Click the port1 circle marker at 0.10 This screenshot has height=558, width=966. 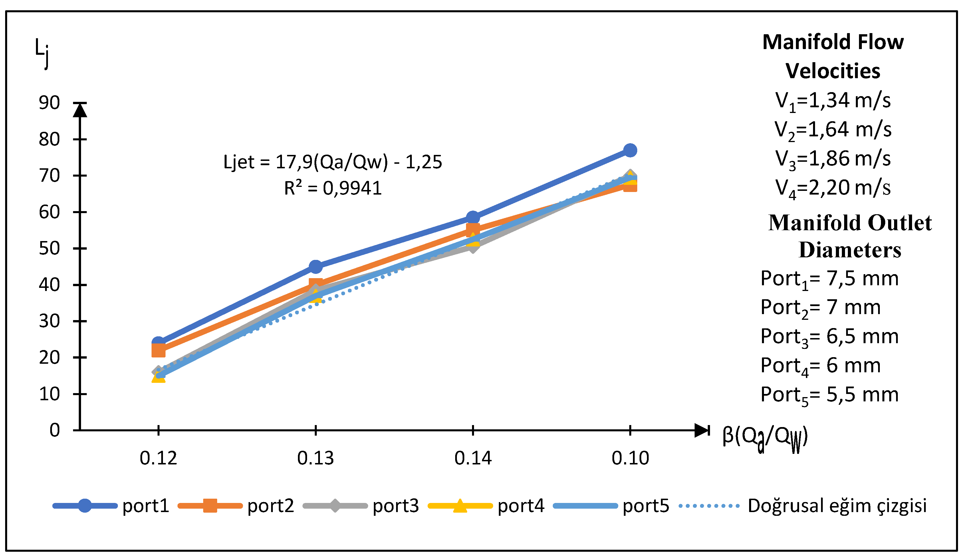point(630,150)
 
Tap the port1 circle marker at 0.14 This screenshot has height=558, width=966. point(473,218)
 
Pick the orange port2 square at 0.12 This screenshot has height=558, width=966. point(158,350)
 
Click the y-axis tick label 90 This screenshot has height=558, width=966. point(49,103)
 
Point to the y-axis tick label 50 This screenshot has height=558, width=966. point(49,248)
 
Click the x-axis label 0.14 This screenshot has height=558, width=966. point(473,458)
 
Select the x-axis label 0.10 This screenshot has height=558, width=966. point(630,458)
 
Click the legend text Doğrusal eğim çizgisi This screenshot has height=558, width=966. point(837,506)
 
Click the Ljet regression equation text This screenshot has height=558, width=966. point(333,162)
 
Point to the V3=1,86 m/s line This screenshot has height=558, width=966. point(833,159)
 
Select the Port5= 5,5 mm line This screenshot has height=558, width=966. point(829,395)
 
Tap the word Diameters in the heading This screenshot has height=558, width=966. point(850,250)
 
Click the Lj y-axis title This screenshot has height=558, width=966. point(42,53)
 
